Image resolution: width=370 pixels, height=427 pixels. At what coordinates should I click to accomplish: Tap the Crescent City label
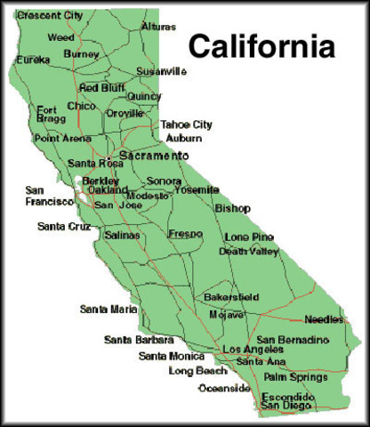[x=49, y=16]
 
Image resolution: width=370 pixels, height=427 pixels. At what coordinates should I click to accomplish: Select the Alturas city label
[x=158, y=28]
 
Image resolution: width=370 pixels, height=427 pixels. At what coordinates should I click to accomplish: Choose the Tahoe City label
[x=187, y=125]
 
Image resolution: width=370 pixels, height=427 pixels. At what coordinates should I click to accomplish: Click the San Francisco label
[x=50, y=197]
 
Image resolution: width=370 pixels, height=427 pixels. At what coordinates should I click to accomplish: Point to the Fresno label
[x=185, y=234]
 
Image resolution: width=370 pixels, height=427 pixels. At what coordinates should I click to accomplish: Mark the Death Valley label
[x=249, y=252]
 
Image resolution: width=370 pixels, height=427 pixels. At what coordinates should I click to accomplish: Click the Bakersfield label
[x=230, y=295]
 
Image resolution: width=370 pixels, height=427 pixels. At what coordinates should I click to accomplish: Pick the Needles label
[x=323, y=318]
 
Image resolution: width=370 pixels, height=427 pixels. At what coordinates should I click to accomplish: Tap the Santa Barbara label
[x=136, y=340]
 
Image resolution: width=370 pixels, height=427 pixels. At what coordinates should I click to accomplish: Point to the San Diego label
[x=283, y=407]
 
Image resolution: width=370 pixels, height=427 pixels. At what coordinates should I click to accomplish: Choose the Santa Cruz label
[x=63, y=227]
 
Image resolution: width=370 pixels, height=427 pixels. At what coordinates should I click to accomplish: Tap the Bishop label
[x=233, y=208]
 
